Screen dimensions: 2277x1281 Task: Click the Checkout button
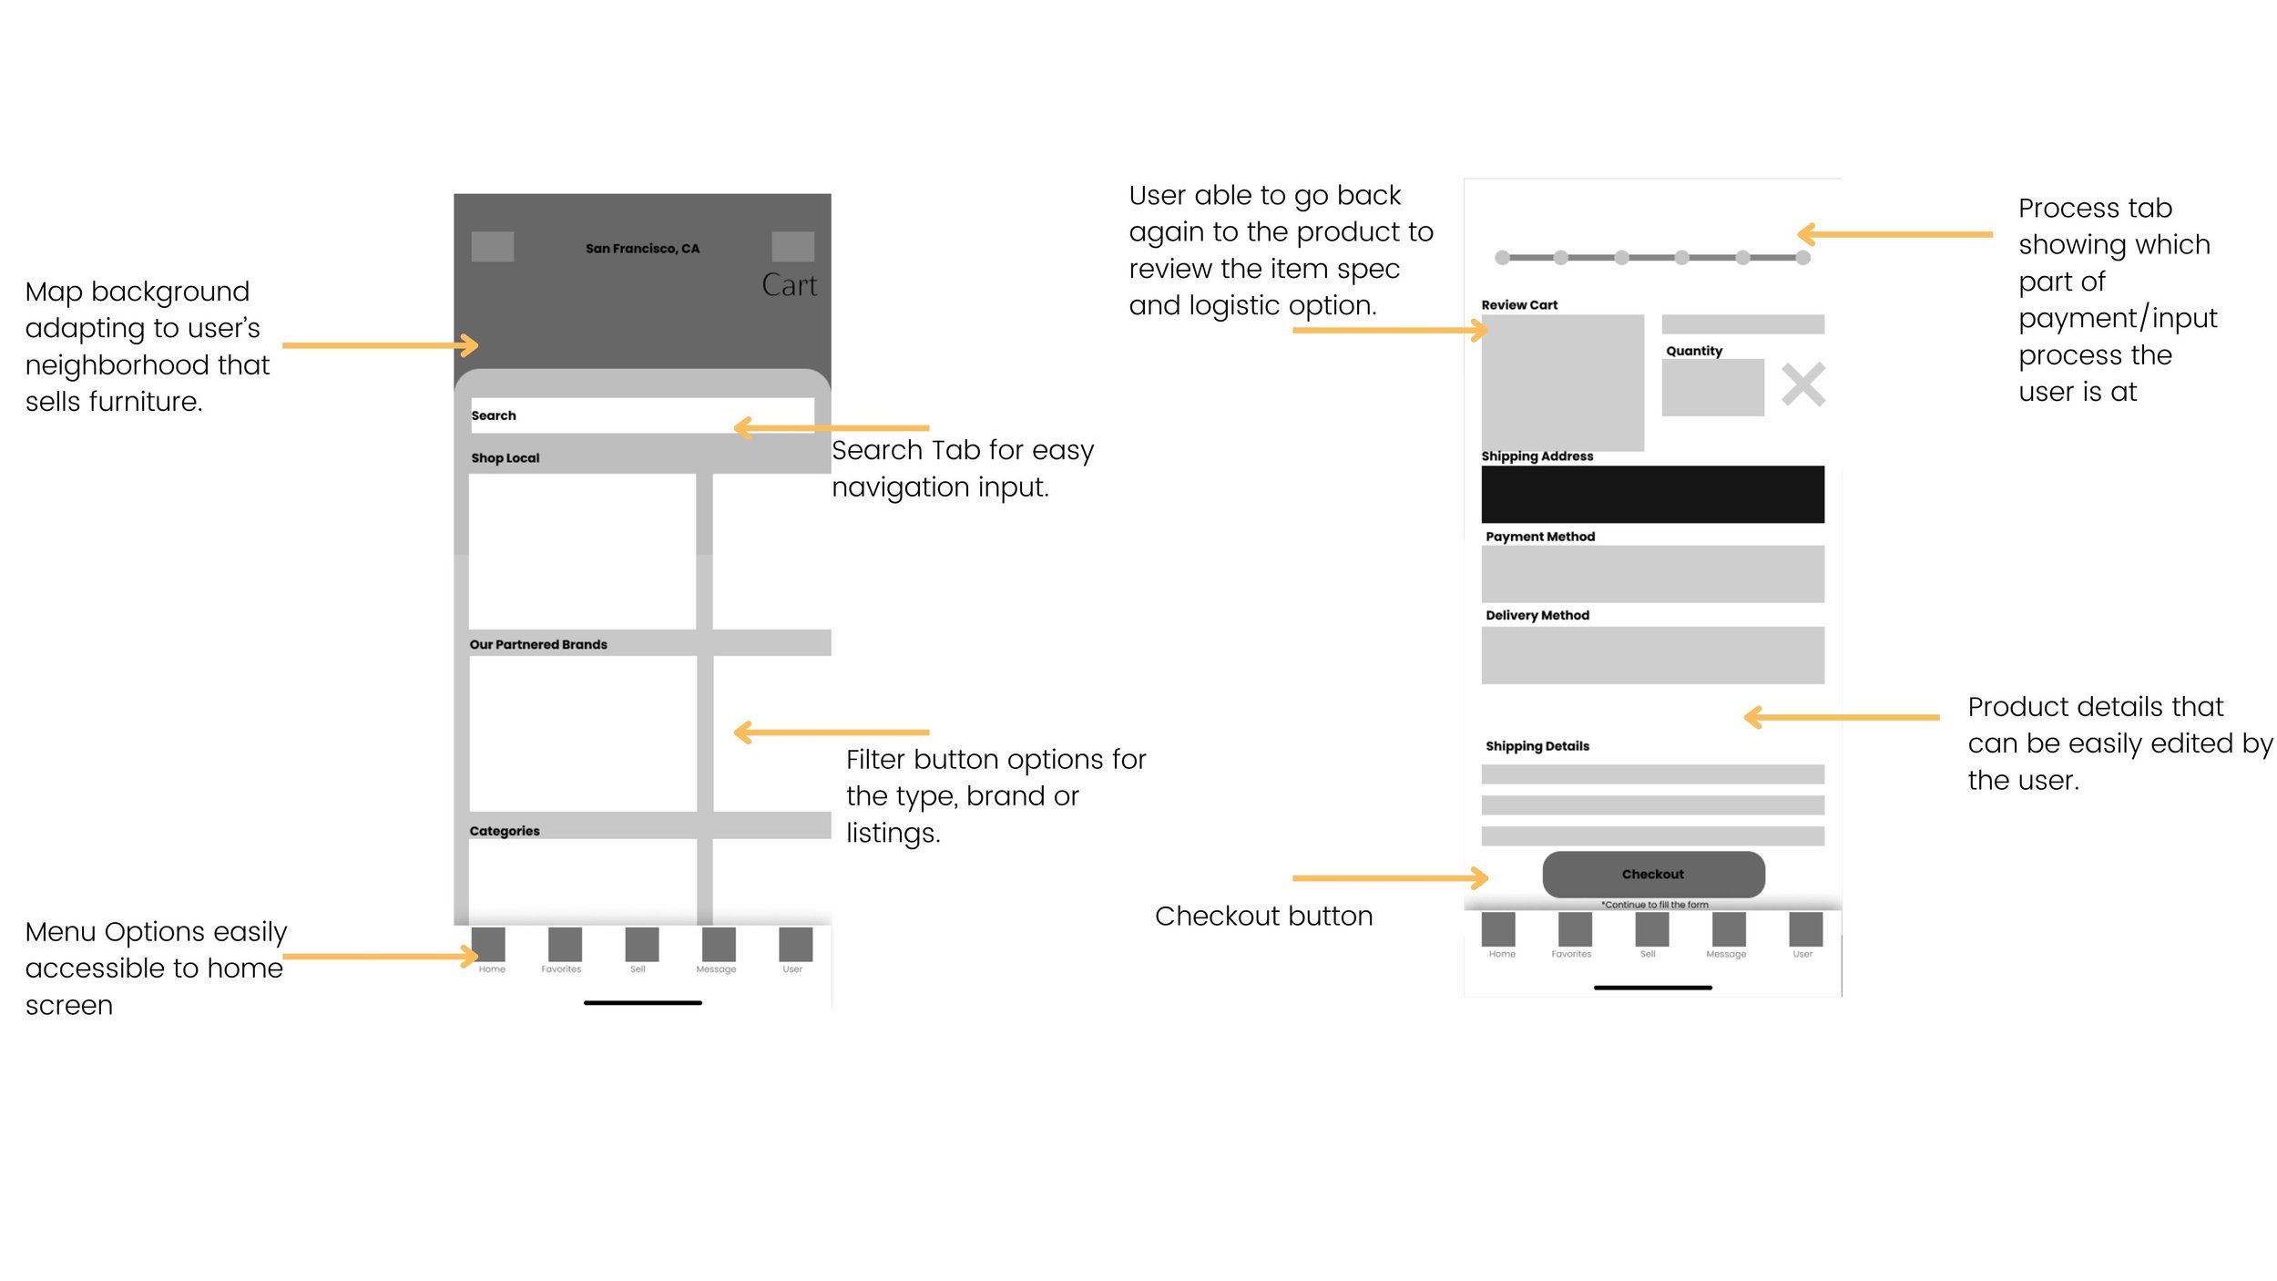coord(1652,874)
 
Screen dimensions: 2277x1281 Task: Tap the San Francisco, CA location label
coord(642,249)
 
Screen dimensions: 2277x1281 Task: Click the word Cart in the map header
coord(789,285)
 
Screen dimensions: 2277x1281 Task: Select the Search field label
coord(494,415)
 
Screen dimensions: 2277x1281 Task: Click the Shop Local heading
coord(505,458)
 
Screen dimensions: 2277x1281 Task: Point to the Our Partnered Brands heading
coord(538,644)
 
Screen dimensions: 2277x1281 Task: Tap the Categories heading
coord(505,831)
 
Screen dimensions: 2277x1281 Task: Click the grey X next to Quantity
coord(1802,384)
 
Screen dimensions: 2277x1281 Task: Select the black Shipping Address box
coord(1652,494)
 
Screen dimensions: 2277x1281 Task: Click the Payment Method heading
coord(1540,537)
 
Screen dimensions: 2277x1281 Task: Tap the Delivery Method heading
coord(1537,616)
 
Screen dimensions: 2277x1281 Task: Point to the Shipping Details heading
coord(1537,746)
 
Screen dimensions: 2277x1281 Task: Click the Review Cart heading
coord(1519,305)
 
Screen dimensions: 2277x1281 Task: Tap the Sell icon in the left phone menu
coord(641,944)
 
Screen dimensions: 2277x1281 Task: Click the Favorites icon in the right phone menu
coord(1575,928)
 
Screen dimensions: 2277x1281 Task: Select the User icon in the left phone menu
coord(795,944)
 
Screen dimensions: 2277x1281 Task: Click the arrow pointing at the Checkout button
coord(1390,878)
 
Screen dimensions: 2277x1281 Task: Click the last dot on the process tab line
coord(1802,258)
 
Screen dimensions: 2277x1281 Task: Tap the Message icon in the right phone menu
coord(1728,928)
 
